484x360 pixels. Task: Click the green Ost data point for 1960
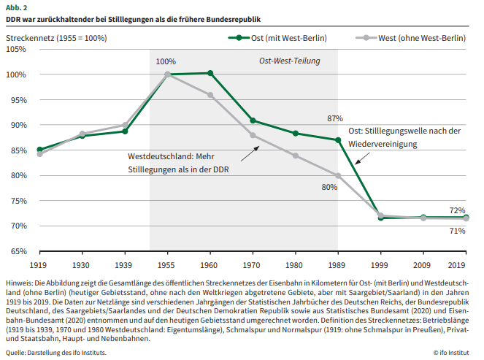pyautogui.click(x=210, y=73)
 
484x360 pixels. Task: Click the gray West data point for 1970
pyautogui.click(x=253, y=135)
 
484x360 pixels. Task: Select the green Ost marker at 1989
pyautogui.click(x=338, y=140)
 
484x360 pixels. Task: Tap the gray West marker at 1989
pyautogui.click(x=338, y=175)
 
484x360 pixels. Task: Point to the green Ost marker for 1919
pyautogui.click(x=39, y=150)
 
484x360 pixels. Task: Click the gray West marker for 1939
pyautogui.click(x=125, y=125)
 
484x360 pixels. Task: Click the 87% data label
pyautogui.click(x=335, y=118)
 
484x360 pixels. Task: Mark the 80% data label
pyautogui.click(x=329, y=188)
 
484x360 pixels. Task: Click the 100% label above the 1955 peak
pyautogui.click(x=166, y=61)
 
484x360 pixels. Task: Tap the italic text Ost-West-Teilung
pyautogui.click(x=290, y=61)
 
